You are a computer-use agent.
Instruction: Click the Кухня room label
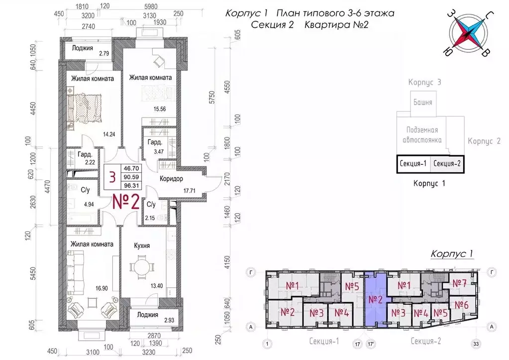[x=142, y=245]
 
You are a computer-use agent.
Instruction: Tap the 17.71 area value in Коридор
[x=189, y=191]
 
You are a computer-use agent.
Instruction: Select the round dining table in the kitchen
[x=141, y=267]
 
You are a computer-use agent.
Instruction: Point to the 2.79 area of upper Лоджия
[x=104, y=54]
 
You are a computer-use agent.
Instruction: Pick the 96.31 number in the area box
[x=131, y=186]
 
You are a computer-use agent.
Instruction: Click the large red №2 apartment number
[x=126, y=202]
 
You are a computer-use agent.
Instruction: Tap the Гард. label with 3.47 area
[x=155, y=142]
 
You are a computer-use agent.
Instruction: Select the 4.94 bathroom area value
[x=89, y=204]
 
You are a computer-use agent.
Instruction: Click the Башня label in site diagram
[x=422, y=103]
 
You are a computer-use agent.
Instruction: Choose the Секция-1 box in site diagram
[x=413, y=163]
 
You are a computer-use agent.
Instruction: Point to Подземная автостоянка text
[x=422, y=135]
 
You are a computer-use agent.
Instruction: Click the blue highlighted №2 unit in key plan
[x=376, y=299]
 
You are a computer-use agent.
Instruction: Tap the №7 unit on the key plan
[x=459, y=283]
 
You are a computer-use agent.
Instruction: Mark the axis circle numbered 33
[x=476, y=344]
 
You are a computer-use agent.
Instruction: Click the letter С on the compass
[x=490, y=15]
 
